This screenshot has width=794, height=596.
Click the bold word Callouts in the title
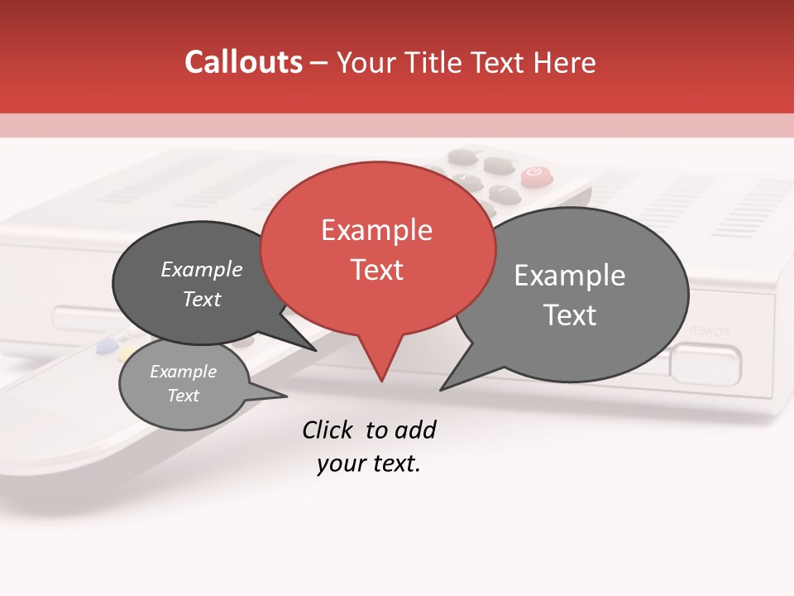(x=243, y=62)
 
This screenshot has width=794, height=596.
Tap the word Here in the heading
(x=563, y=62)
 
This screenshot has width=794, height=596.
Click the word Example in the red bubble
(x=376, y=230)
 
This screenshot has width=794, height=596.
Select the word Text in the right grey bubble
(x=570, y=315)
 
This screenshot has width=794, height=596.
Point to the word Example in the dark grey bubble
(x=202, y=269)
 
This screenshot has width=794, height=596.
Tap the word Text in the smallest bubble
(x=184, y=396)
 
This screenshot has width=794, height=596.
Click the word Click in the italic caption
(x=329, y=430)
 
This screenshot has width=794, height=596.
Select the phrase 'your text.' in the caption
(x=369, y=464)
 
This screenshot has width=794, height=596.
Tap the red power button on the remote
(x=534, y=174)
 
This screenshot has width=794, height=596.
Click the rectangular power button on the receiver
(x=706, y=364)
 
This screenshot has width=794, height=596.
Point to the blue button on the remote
(x=106, y=346)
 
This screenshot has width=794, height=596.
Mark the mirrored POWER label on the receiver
(x=710, y=330)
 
